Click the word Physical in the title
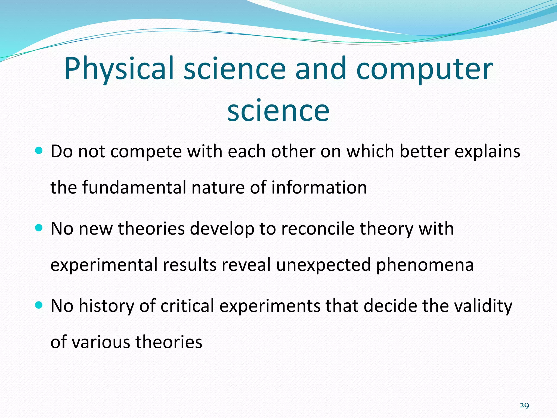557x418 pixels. [x=119, y=69]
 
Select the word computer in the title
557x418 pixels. [x=424, y=69]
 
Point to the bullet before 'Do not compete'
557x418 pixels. [x=39, y=150]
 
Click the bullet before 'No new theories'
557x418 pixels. [x=39, y=228]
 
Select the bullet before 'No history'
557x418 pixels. [x=39, y=305]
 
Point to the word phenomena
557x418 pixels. [x=425, y=265]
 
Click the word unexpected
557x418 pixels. [x=323, y=265]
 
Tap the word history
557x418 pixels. [x=106, y=306]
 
